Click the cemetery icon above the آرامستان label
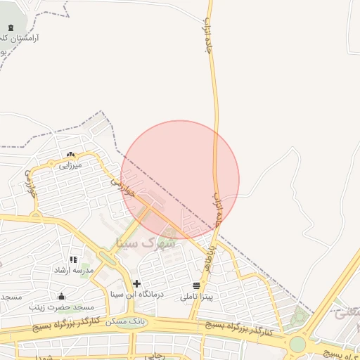pos(10,28)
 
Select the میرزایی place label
pos(70,165)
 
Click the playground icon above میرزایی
pos(70,155)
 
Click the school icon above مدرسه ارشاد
pos(73,259)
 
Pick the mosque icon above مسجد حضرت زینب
pos(62,296)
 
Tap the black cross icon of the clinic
pos(136,283)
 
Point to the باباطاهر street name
pos(210,261)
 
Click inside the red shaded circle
pos(180,179)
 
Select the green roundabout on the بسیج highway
pos(298,344)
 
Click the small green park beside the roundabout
pos(301,317)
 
